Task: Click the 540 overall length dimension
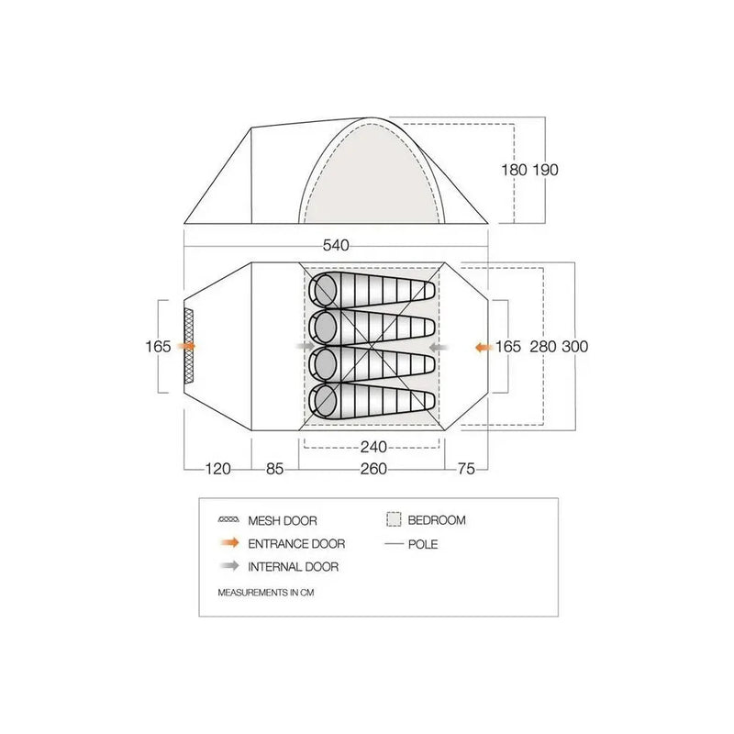tap(336, 245)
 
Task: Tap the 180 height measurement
tap(514, 170)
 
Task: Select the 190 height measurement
tap(545, 170)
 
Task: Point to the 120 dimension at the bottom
tap(217, 469)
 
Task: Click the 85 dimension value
tap(274, 469)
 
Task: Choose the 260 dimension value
tap(373, 469)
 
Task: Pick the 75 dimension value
tap(466, 469)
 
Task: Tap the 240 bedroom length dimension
tap(373, 447)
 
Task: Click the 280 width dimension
tap(543, 347)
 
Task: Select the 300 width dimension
tap(575, 347)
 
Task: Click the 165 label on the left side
tap(158, 347)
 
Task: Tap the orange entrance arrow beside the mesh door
tap(186, 347)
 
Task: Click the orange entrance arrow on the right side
tap(484, 348)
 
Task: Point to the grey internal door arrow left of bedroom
tap(306, 347)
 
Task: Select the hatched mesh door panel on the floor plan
tap(189, 347)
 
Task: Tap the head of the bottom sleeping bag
tap(324, 401)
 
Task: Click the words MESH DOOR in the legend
tap(283, 520)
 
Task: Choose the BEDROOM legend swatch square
tap(394, 519)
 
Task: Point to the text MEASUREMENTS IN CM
tap(266, 593)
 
